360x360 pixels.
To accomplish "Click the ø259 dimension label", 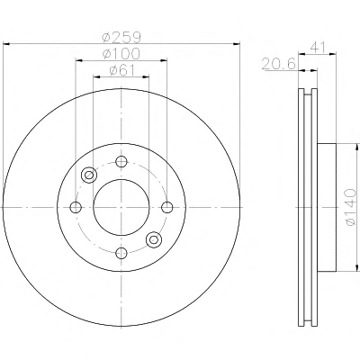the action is click(121, 37).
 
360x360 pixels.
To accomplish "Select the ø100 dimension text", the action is click(121, 54).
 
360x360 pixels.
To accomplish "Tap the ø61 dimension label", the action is click(121, 70).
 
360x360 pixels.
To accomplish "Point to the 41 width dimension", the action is click(318, 48).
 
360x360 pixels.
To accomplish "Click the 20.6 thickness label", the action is click(279, 64).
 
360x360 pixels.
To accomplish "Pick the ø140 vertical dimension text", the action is click(350, 207).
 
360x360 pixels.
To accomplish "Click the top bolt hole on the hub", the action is click(121, 162).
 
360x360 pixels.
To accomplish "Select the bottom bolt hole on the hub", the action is click(121, 253).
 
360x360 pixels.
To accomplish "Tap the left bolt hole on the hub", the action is click(76, 207).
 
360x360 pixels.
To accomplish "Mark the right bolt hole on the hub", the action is click(167, 207).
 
